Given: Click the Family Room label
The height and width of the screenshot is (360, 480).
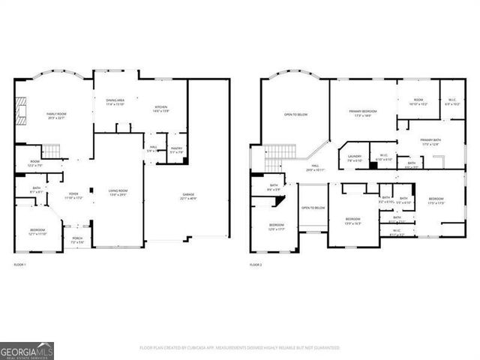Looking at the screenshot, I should pyautogui.click(x=57, y=115).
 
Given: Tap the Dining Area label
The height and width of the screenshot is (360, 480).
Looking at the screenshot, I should pyautogui.click(x=115, y=102).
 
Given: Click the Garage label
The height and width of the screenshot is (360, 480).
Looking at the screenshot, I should pyautogui.click(x=188, y=197).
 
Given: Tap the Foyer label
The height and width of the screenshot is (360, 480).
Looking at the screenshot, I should pyautogui.click(x=72, y=196).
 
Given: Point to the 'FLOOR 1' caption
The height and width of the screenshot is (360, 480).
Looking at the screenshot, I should pyautogui.click(x=19, y=265).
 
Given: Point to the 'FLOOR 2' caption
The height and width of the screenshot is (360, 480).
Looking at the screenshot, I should pyautogui.click(x=256, y=265).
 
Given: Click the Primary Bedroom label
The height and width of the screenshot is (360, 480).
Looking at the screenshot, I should pyautogui.click(x=362, y=113).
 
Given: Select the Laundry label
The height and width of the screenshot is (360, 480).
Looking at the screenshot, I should pyautogui.click(x=355, y=158).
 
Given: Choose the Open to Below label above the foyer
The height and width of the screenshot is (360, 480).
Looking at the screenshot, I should pyautogui.click(x=313, y=208).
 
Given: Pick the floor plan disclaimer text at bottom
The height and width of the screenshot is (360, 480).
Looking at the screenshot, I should pyautogui.click(x=239, y=348).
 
